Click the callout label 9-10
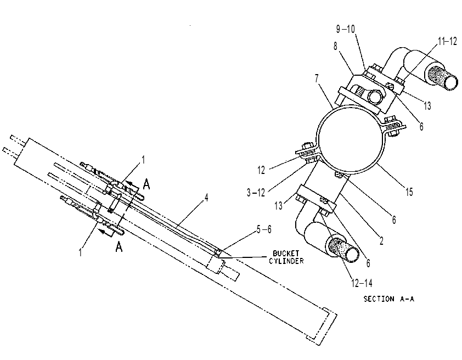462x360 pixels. [346, 29]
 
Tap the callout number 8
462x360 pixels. [335, 46]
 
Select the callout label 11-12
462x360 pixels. [447, 41]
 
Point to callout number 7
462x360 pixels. [317, 78]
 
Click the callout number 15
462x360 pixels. [409, 192]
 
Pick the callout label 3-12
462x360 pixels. [256, 193]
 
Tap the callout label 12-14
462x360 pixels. [362, 283]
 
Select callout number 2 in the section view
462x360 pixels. [381, 241]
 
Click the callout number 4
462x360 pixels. [206, 198]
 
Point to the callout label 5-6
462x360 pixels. [264, 229]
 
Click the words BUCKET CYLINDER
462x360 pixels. [286, 257]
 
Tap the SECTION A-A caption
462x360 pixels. [389, 299]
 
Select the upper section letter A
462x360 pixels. [147, 184]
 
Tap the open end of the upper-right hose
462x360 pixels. [451, 82]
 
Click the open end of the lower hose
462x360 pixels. [352, 254]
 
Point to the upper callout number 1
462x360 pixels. [143, 160]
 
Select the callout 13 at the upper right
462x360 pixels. [427, 105]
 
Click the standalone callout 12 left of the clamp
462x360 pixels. [261, 170]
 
